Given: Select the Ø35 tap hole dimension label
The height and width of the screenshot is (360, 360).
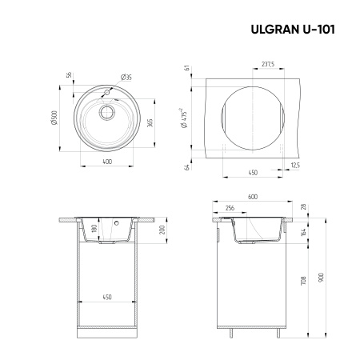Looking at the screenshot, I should [x=126, y=77].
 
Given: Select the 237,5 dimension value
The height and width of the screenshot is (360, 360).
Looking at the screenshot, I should [x=267, y=64].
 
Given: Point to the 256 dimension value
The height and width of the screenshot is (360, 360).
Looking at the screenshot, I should [x=230, y=210].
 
